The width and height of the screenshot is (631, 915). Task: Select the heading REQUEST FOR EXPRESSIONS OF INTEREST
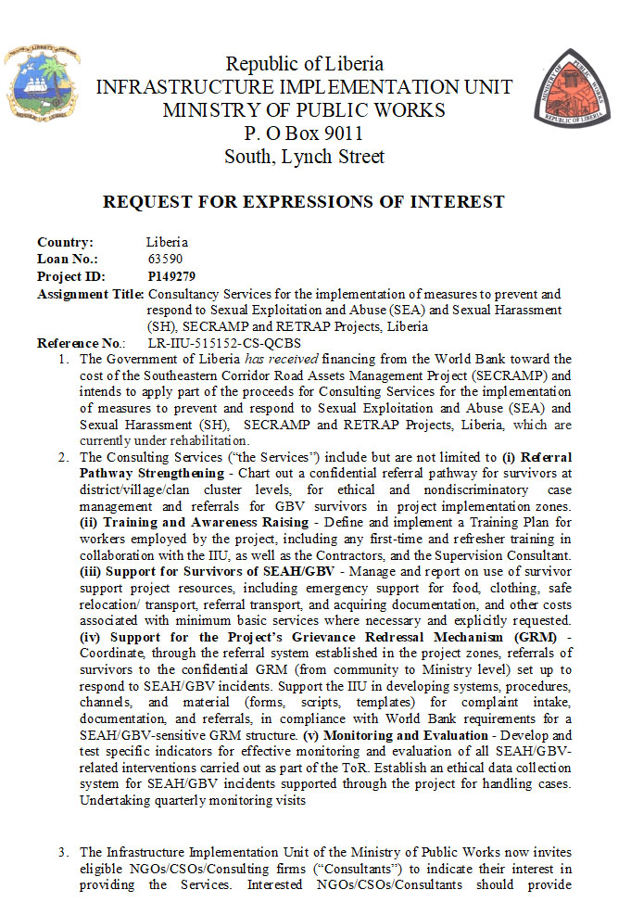coord(303,202)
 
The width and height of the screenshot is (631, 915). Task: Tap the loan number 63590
coord(165,259)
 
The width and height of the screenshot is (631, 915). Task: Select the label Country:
coord(65,242)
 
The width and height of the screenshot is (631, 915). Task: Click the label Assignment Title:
coord(91,294)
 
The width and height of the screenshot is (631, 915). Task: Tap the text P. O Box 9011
coord(304,133)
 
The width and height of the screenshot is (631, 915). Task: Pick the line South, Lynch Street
coord(304,157)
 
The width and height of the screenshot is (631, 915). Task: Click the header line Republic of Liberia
coord(304,64)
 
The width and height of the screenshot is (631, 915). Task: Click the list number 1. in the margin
coord(63,359)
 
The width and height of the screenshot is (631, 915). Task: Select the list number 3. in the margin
coord(63,852)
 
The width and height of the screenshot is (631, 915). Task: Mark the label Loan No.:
coord(68,259)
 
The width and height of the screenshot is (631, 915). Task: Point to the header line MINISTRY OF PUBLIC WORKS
coord(304,110)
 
